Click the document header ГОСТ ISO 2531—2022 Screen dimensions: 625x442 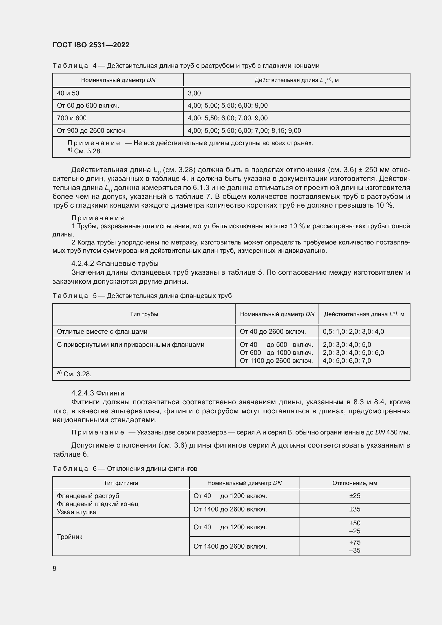[x=91, y=45]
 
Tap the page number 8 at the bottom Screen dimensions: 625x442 [x=55, y=568]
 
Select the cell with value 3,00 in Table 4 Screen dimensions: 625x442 [x=194, y=93]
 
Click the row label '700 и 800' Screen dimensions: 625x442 [x=72, y=118]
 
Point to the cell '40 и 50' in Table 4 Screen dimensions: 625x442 [x=68, y=93]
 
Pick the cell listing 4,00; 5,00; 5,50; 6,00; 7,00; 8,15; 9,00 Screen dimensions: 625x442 [x=244, y=130]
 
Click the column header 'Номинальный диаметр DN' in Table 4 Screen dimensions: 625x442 [x=118, y=80]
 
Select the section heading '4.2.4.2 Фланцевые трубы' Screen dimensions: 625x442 [x=115, y=263]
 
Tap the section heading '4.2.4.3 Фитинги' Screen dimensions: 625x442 [x=98, y=393]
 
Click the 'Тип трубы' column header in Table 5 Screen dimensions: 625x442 [x=144, y=314]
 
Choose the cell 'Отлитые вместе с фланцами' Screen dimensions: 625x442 [x=102, y=332]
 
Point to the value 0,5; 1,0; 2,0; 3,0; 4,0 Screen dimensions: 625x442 [x=353, y=332]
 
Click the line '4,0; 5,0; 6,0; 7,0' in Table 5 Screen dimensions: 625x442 [x=347, y=361]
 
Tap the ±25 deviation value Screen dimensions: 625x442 [x=355, y=496]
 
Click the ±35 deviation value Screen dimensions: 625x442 [x=355, y=509]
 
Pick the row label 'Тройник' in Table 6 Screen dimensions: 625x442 [x=69, y=537]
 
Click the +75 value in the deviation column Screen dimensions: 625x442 [x=355, y=542]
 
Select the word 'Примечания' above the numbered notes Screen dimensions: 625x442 [x=98, y=218]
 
